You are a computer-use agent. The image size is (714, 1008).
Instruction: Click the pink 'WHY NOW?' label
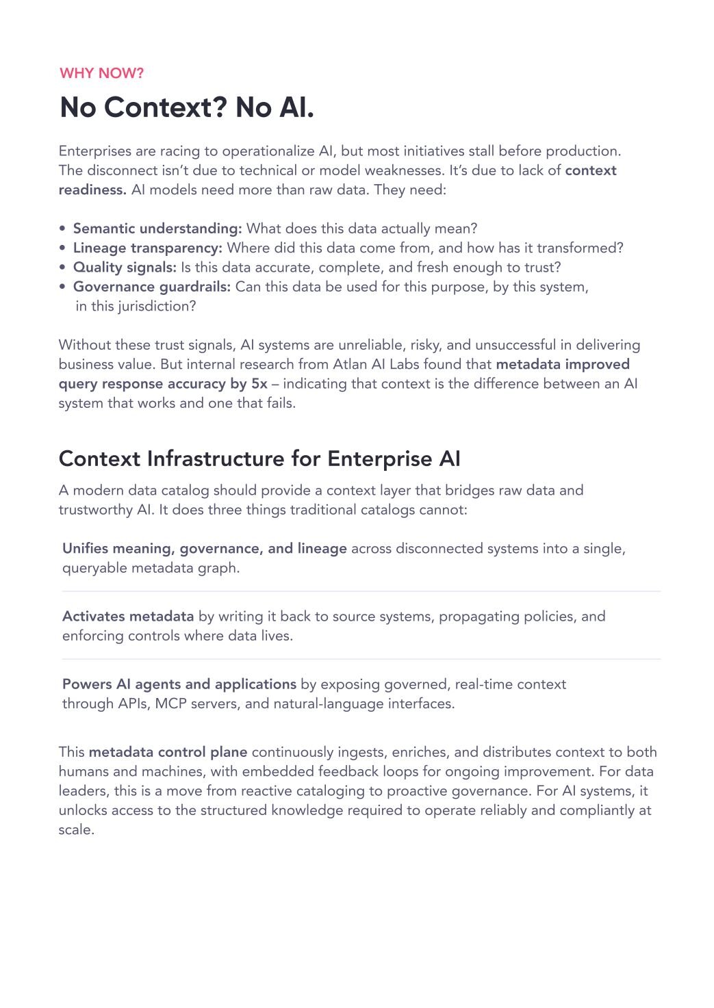click(x=101, y=73)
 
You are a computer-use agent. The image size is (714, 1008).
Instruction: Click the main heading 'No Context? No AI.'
click(x=187, y=107)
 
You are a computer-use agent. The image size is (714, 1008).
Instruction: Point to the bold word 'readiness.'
click(x=92, y=190)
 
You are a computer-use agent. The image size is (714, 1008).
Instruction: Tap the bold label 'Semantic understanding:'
click(x=157, y=229)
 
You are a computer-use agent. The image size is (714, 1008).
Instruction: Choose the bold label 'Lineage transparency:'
click(x=147, y=248)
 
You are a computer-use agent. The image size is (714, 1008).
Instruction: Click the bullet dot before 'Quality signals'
click(x=63, y=268)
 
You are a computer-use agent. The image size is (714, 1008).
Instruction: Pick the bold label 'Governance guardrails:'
click(x=152, y=287)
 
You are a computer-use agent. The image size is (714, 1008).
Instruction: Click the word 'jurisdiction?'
click(x=157, y=306)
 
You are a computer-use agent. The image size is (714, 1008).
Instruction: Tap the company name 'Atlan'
click(x=350, y=364)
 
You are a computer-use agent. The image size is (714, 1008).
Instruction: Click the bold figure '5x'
click(x=259, y=384)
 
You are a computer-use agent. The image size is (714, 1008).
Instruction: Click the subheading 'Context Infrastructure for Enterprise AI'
click(x=259, y=458)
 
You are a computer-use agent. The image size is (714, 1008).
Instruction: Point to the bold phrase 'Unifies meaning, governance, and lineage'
click(x=204, y=549)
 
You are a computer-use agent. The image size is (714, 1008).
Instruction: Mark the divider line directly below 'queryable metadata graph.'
click(x=361, y=591)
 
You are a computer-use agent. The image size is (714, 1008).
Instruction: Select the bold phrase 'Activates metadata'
click(x=128, y=617)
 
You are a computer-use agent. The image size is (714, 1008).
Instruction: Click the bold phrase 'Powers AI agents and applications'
click(x=179, y=684)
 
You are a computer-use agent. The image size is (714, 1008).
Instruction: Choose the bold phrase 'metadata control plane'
click(x=168, y=752)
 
